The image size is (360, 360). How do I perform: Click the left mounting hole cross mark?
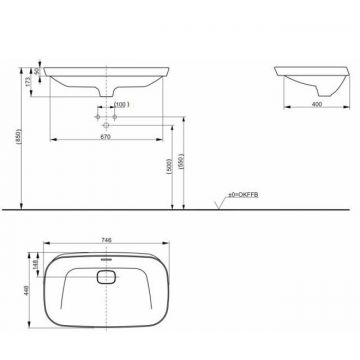98,117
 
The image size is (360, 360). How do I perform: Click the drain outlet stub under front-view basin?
106,98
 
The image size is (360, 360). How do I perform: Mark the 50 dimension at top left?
37,72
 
